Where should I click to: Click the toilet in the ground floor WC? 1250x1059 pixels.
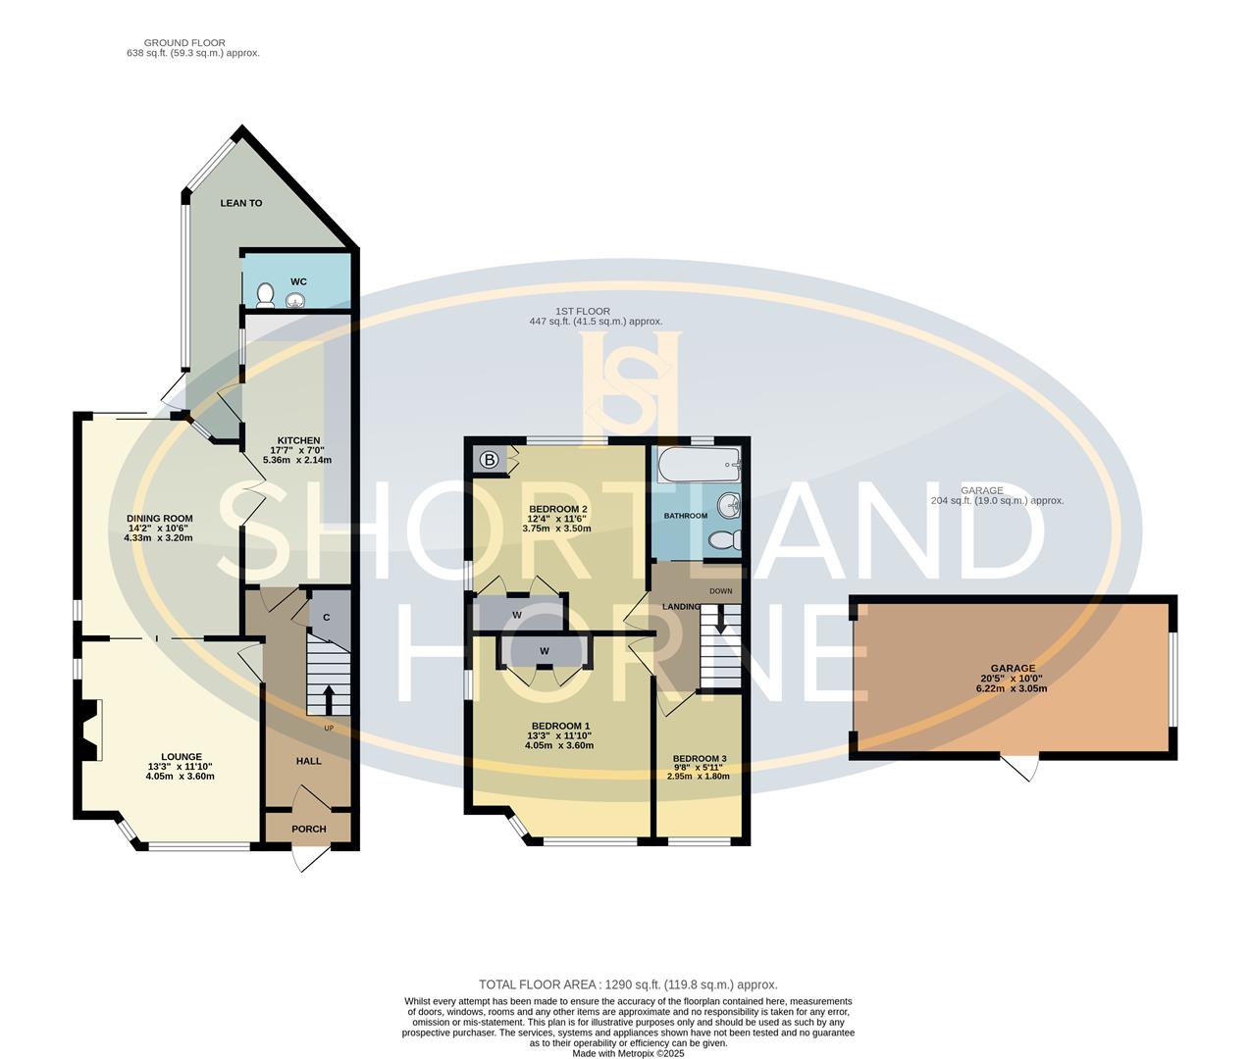(x=264, y=294)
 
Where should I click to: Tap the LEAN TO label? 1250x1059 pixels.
(x=241, y=203)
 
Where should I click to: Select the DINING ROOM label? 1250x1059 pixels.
(x=159, y=519)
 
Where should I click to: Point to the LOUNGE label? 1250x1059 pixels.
(x=182, y=757)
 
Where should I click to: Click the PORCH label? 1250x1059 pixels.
(x=309, y=829)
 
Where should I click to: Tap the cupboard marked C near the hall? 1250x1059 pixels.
(x=326, y=617)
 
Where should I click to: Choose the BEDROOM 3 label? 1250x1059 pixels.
(x=700, y=759)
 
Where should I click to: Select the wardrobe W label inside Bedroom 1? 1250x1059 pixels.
(x=544, y=651)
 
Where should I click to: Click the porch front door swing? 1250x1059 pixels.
(x=312, y=857)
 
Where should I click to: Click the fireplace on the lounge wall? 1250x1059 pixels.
(x=91, y=730)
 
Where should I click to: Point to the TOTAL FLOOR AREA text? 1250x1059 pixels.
(x=628, y=984)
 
